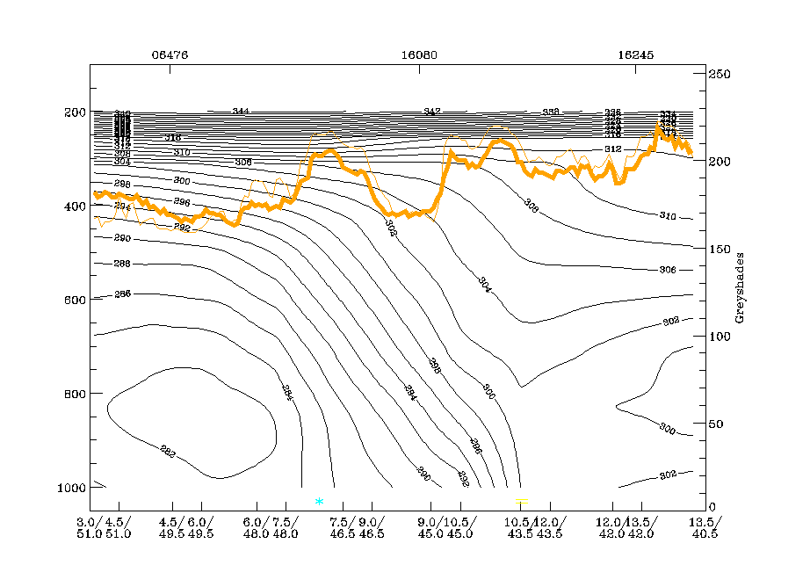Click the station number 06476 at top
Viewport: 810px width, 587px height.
(x=170, y=54)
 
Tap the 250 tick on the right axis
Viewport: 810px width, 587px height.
(x=720, y=75)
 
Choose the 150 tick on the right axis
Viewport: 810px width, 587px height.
(x=720, y=250)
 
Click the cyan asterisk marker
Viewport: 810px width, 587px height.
(x=319, y=502)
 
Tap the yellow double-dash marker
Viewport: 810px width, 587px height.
(x=522, y=501)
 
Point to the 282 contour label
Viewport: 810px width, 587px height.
(x=168, y=453)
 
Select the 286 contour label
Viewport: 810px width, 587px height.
(x=122, y=293)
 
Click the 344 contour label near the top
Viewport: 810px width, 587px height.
(x=241, y=112)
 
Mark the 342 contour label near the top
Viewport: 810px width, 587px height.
(x=431, y=112)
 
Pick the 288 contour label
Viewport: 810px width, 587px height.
(x=122, y=264)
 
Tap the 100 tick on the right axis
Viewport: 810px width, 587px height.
(x=720, y=337)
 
